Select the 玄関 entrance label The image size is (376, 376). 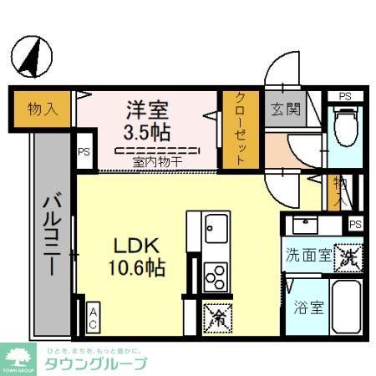[x=281, y=109]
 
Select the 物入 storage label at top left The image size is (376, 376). [x=42, y=108]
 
